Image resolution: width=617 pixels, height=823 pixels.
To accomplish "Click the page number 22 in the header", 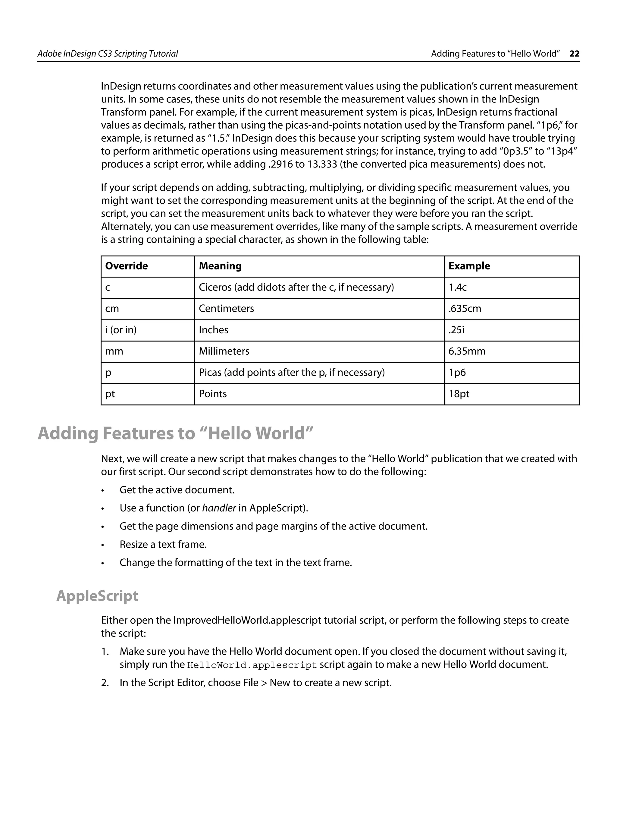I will [x=574, y=54].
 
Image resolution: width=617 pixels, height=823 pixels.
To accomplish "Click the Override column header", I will [x=127, y=266].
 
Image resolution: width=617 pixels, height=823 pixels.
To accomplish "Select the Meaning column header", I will [x=220, y=266].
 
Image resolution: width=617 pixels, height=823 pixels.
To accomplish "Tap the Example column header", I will [x=469, y=266].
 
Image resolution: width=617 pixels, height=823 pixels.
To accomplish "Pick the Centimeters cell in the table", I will [x=226, y=309].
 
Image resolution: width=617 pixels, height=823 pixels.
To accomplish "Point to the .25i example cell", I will [x=456, y=330].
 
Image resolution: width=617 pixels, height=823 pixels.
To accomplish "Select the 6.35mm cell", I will [x=467, y=351].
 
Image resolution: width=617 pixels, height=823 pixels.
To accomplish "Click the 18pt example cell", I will [x=459, y=394].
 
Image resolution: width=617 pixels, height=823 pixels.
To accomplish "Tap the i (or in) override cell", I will [x=121, y=330].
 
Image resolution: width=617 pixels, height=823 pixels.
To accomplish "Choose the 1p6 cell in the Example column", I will [x=457, y=372].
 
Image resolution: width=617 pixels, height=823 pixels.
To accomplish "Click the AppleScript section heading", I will [x=97, y=596].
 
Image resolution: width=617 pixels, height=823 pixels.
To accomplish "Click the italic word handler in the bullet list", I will [x=219, y=508].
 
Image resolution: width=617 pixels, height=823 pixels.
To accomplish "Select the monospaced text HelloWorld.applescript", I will [x=252, y=665].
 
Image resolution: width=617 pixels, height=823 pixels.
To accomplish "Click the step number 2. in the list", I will [x=105, y=683].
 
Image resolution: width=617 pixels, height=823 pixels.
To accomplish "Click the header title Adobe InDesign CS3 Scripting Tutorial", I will [x=108, y=54].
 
